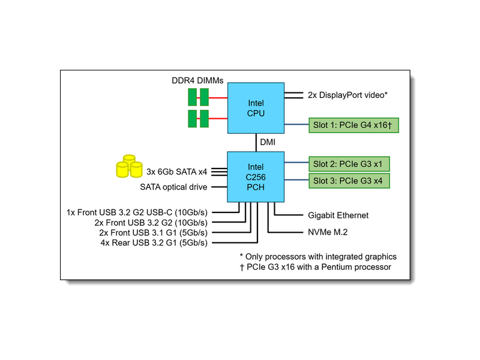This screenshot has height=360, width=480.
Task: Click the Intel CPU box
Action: [x=256, y=108]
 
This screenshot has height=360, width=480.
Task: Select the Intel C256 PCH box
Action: [x=256, y=176]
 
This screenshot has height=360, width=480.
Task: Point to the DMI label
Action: [x=268, y=143]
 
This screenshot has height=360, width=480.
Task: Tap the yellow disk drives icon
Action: [x=128, y=167]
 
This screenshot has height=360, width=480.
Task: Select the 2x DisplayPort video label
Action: [x=347, y=95]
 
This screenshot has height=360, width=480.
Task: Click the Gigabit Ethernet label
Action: [x=338, y=215]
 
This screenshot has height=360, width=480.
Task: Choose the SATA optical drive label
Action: [x=173, y=187]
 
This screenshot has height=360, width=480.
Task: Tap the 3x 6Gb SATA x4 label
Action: [x=177, y=171]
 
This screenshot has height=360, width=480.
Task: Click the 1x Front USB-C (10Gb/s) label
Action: [x=137, y=212]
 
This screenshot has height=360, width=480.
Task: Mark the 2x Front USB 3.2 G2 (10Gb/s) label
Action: [x=151, y=223]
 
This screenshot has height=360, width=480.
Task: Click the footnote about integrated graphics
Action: [x=318, y=256]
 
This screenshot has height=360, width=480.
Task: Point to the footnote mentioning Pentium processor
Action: [x=315, y=266]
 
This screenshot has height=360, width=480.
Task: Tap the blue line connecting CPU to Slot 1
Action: [x=296, y=125]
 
